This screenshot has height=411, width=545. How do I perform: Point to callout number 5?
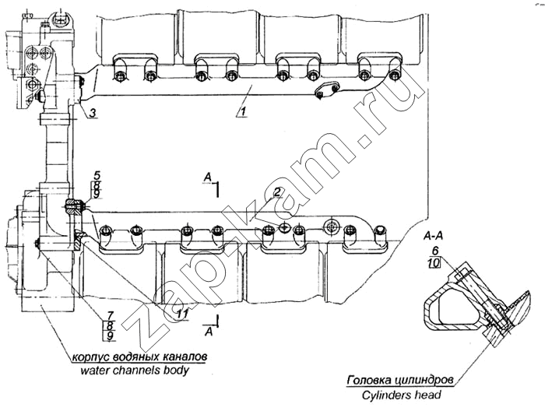click(x=97, y=175)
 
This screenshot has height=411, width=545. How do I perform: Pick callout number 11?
click(x=182, y=314)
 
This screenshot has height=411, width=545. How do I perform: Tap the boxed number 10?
click(x=434, y=263)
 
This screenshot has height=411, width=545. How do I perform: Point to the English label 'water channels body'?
click(x=134, y=371)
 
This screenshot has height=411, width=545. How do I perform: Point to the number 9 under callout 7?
click(x=111, y=336)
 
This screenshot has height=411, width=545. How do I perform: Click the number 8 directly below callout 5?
click(x=97, y=185)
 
